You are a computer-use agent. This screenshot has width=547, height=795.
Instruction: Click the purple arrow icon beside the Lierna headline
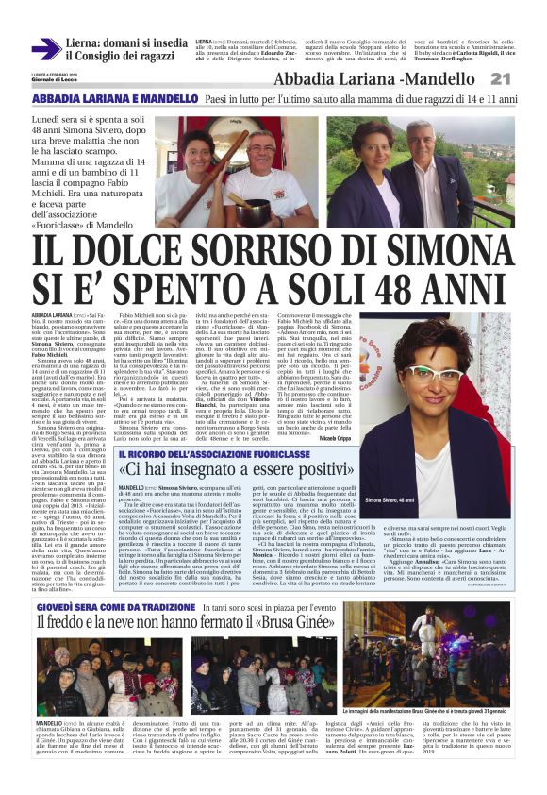45,49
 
